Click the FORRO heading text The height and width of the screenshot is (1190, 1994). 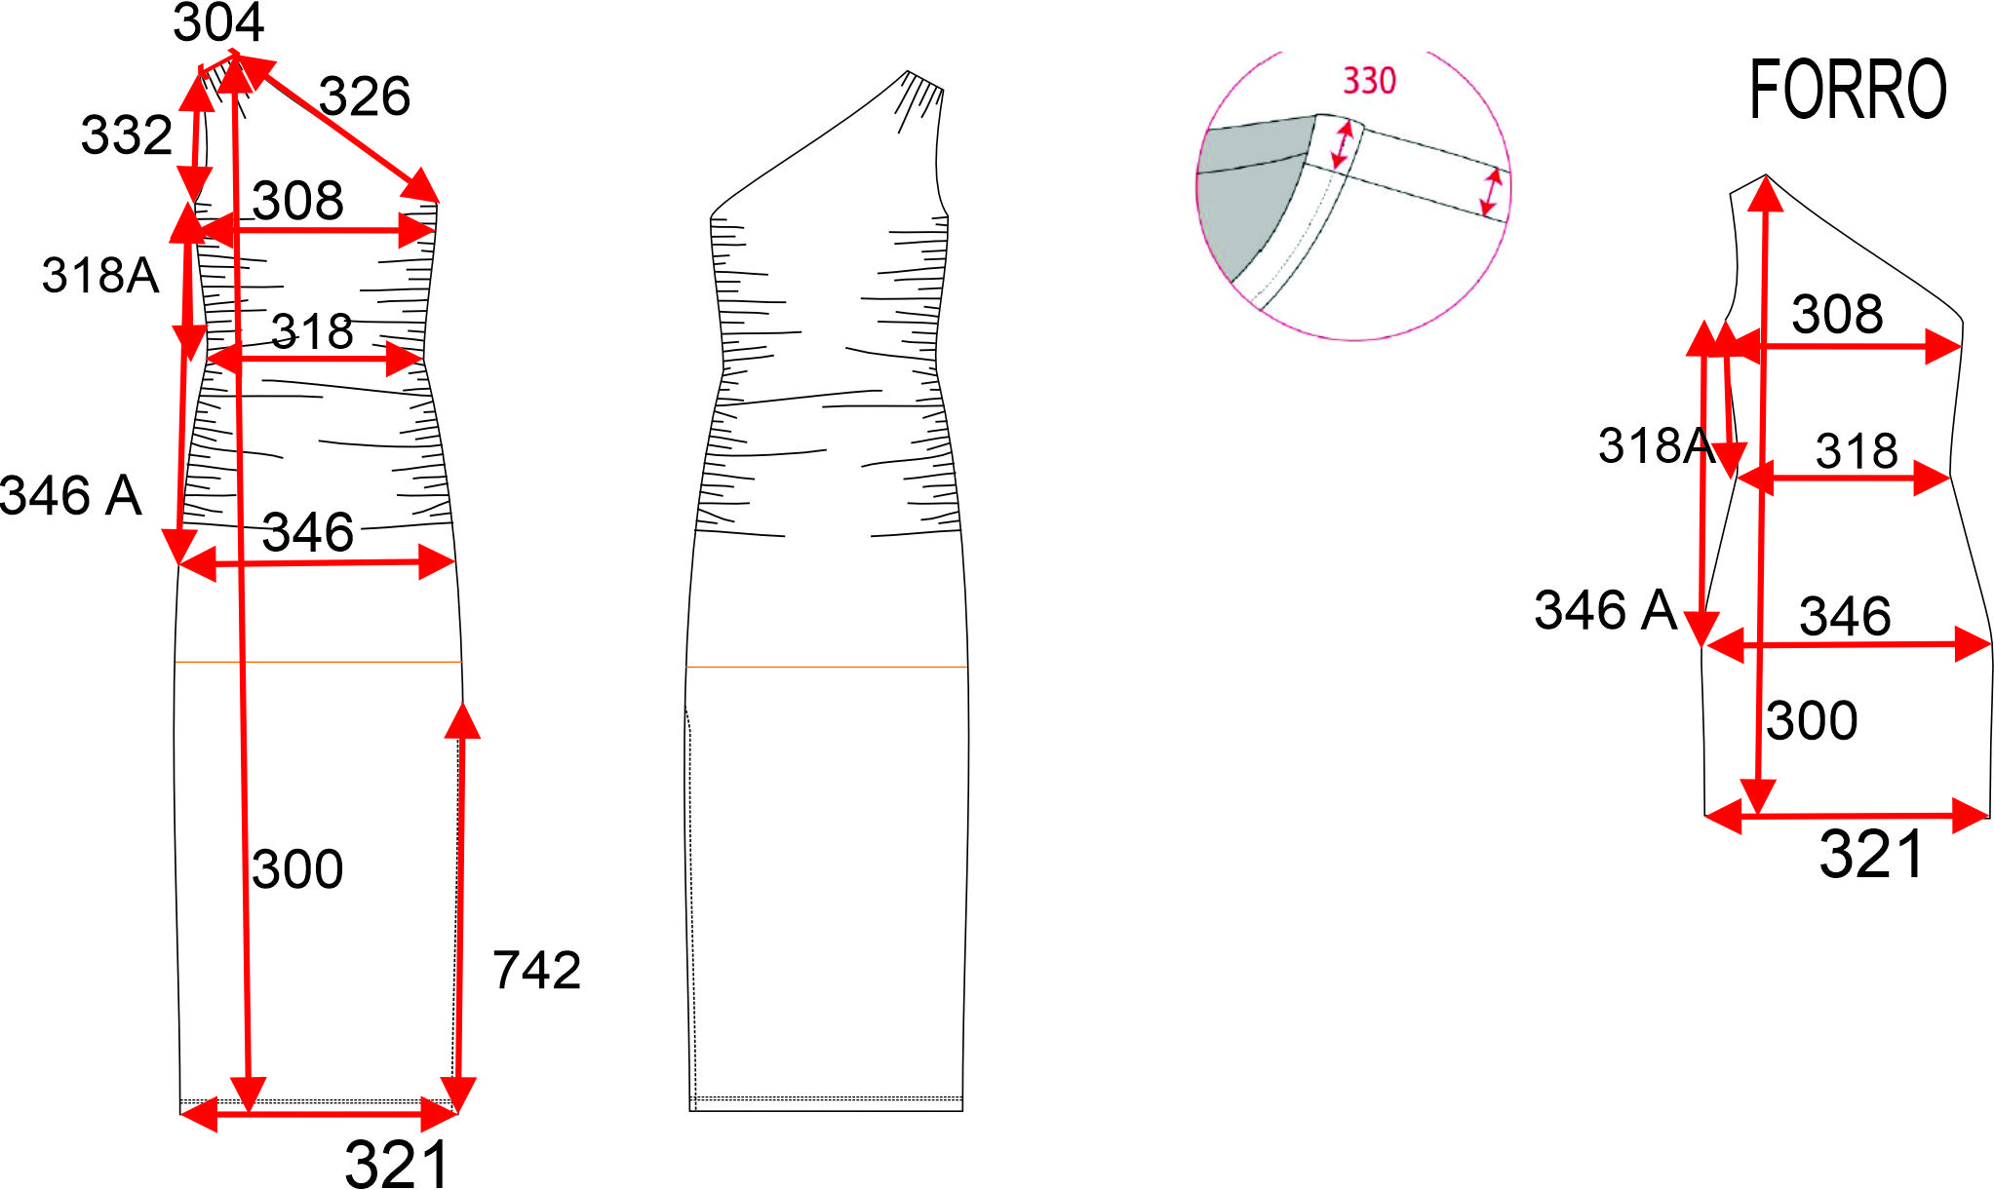point(1848,90)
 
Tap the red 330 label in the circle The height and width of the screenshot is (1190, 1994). point(1369,81)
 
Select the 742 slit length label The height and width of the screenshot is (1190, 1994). point(536,970)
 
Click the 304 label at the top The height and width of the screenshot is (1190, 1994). point(218,21)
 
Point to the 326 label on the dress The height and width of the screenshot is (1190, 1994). point(365,96)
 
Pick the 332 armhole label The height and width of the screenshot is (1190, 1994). point(127,134)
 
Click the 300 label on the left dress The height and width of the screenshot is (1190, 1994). point(297,868)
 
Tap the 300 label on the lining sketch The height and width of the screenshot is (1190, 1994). point(1812,720)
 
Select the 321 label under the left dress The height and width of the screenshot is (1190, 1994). point(397,1163)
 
